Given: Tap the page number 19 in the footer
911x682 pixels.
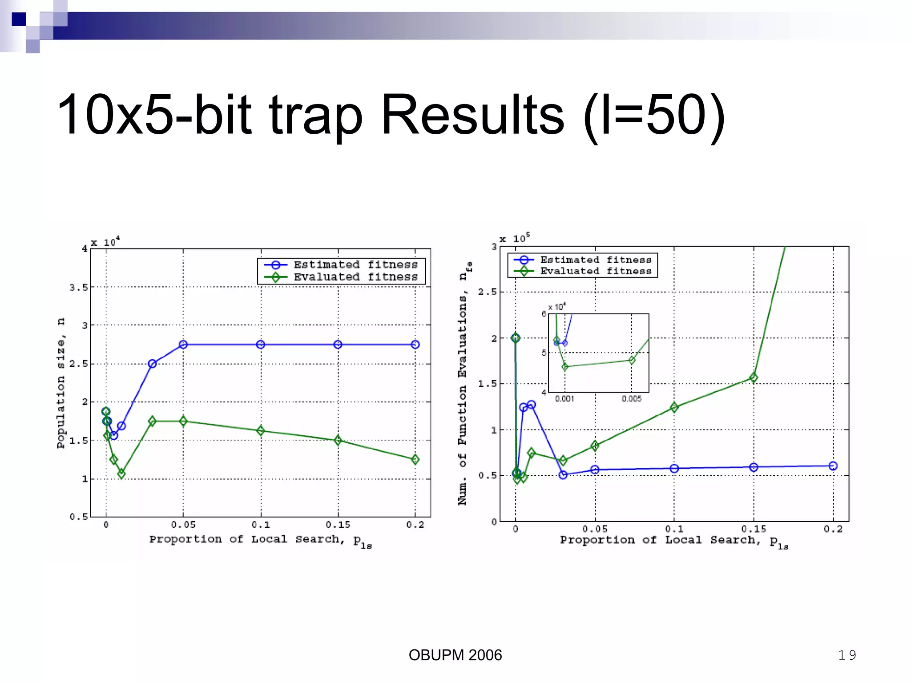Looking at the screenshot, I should (x=847, y=655).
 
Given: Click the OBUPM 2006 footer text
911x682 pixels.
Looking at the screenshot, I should (x=455, y=655).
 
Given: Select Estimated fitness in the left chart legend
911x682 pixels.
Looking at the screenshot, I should (x=355, y=265).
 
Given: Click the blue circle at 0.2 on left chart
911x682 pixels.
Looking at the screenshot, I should (x=415, y=345).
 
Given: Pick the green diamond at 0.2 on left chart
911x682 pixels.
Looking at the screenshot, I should (x=415, y=460).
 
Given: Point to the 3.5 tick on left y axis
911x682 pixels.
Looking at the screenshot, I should (x=79, y=288).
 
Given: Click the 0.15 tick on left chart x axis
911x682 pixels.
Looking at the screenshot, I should (x=338, y=525).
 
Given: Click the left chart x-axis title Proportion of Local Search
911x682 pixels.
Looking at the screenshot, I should (x=260, y=540).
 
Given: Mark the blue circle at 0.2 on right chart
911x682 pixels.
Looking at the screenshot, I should (x=833, y=466).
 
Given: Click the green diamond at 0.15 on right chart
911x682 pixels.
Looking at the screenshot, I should (x=754, y=378).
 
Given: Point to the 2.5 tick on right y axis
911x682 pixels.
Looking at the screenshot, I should (x=487, y=292).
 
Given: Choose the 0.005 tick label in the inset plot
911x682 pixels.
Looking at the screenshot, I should (x=632, y=399).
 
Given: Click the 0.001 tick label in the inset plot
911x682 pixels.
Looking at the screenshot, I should (x=564, y=399).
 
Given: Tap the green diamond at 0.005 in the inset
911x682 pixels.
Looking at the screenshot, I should (x=632, y=360).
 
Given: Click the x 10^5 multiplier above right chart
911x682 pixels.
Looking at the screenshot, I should (x=515, y=239).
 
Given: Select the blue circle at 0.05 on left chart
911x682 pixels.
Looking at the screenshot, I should (x=183, y=345).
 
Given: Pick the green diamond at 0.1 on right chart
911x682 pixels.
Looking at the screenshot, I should (x=674, y=407).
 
